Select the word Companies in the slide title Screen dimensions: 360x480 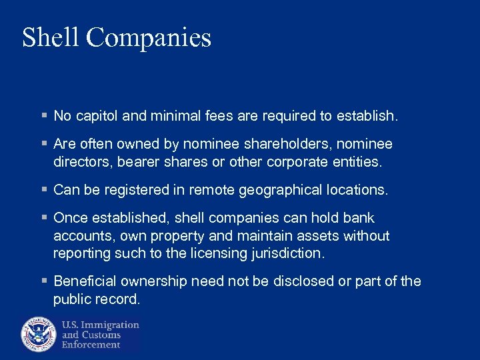tap(149, 39)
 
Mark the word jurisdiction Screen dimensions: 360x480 tap(288, 253)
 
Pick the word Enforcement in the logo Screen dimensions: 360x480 tap(92, 345)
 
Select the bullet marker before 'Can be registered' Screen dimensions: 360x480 tap(43, 190)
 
